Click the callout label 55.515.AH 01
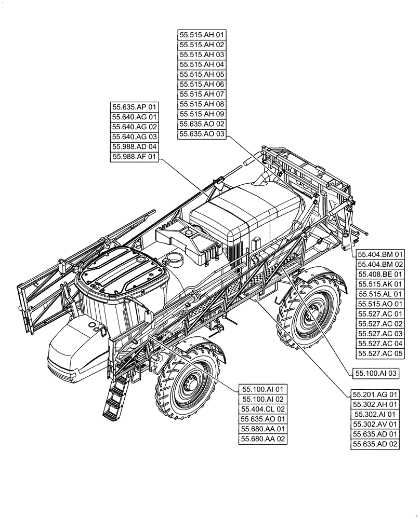tap(202, 35)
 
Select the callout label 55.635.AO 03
tap(202, 134)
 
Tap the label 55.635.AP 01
tap(134, 107)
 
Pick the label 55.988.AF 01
tap(134, 157)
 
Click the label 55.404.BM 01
tap(380, 255)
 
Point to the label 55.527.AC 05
tap(380, 354)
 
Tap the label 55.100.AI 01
tap(262, 389)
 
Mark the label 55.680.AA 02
tap(262, 439)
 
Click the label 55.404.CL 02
tap(262, 409)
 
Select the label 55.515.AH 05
tap(202, 75)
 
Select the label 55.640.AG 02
tap(134, 127)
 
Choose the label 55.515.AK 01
tap(380, 284)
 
